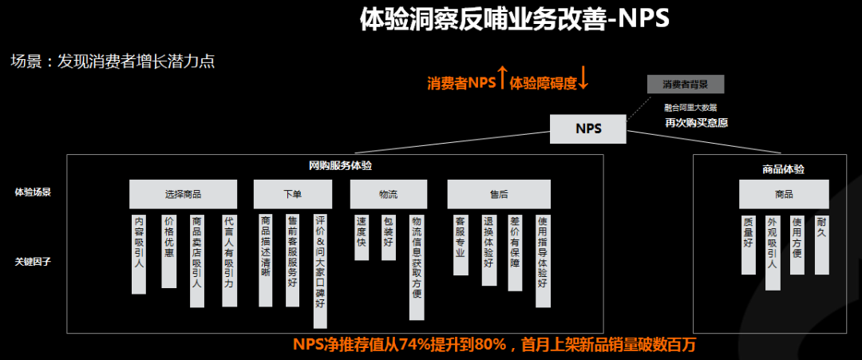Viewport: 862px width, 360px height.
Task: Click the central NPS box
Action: pyautogui.click(x=588, y=129)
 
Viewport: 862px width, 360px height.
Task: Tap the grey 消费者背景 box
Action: pyautogui.click(x=686, y=85)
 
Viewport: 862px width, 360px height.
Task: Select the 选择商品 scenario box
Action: pyautogui.click(x=183, y=194)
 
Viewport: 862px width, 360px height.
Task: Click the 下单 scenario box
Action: pyautogui.click(x=292, y=194)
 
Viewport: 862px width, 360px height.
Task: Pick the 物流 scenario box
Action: pyautogui.click(x=389, y=194)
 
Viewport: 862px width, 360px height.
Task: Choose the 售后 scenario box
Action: pyautogui.click(x=499, y=194)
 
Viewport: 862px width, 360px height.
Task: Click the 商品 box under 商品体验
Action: pyautogui.click(x=784, y=194)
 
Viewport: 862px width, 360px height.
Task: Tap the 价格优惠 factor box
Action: pyautogui.click(x=168, y=250)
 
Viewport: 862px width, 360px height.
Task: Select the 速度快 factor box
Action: pyautogui.click(x=362, y=237)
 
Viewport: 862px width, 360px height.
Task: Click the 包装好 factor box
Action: pyautogui.click(x=388, y=237)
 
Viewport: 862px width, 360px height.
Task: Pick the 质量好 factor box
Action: pyautogui.click(x=748, y=243)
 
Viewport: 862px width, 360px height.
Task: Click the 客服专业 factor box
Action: pyautogui.click(x=460, y=244)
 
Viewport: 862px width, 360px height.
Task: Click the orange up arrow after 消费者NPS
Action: pyautogui.click(x=502, y=78)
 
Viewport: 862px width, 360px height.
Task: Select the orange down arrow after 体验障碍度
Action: pyautogui.click(x=583, y=78)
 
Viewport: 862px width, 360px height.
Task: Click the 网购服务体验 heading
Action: pyautogui.click(x=340, y=166)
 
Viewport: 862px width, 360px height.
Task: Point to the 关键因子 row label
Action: pyautogui.click(x=32, y=261)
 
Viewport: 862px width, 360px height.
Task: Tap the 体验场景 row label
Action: pyautogui.click(x=32, y=192)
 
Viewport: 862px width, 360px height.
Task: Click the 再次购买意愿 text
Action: pyautogui.click(x=696, y=123)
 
